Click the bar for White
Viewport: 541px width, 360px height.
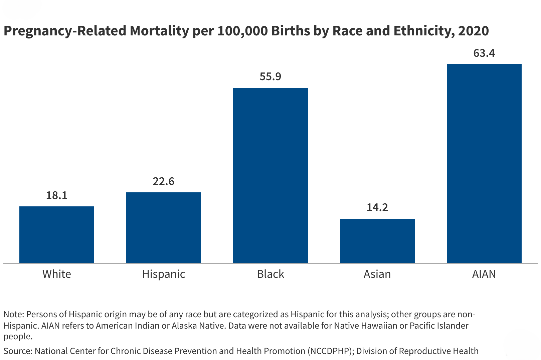[57, 234]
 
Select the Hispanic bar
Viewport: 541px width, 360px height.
[164, 227]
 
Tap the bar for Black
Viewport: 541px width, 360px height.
[270, 175]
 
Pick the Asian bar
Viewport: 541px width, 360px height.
[377, 241]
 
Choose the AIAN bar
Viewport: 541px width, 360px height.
[484, 163]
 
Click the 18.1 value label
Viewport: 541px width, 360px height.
[57, 195]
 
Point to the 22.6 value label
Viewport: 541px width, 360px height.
[164, 181]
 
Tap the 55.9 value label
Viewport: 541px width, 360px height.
[270, 77]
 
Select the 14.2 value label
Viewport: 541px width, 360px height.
[377, 208]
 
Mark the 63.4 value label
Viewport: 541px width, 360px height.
[484, 53]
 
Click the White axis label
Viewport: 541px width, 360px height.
[57, 274]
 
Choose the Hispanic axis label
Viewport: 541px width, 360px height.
[164, 274]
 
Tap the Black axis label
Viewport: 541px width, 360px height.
[270, 274]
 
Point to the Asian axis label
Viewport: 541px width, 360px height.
[377, 274]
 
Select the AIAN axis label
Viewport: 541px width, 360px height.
[484, 274]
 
